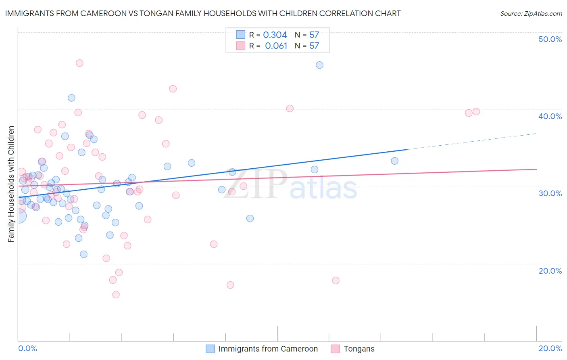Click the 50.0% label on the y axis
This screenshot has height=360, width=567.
point(550,39)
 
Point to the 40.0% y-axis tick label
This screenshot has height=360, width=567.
point(550,116)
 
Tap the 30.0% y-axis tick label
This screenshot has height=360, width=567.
point(550,193)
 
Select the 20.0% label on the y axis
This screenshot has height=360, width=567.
point(550,271)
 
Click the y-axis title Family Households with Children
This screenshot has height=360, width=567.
point(11,184)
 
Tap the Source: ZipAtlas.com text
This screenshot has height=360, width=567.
point(531,14)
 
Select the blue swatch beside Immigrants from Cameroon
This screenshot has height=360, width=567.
point(210,349)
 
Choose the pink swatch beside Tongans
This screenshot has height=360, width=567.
point(335,349)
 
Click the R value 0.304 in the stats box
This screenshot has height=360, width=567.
point(275,35)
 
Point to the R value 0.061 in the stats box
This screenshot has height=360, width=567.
point(276,46)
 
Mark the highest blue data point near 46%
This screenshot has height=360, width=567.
point(319,65)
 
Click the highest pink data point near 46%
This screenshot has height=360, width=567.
point(79,63)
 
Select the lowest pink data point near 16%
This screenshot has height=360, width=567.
point(116,295)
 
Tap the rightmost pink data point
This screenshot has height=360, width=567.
point(476,111)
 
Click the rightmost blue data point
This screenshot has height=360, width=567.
point(394,161)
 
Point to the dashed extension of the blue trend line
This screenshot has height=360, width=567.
point(472,141)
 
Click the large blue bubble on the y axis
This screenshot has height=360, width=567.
point(18,216)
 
